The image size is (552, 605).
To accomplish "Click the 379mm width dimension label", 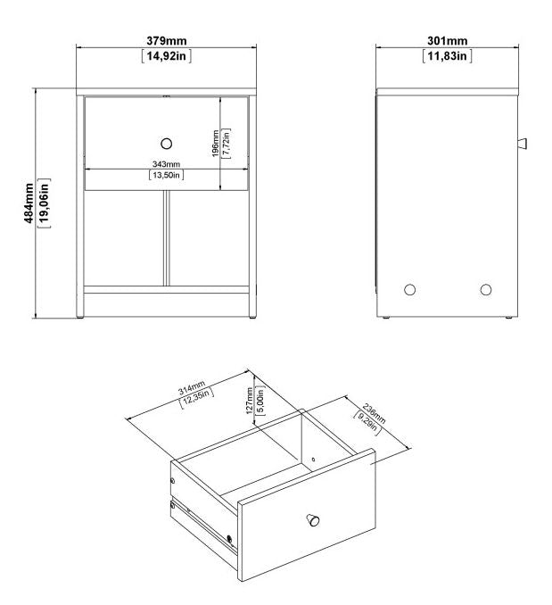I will coord(166,41).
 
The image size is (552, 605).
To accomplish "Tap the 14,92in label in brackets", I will coord(166,55).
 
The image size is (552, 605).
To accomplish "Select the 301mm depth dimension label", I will coord(445,41).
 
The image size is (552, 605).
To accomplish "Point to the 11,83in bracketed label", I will coord(446,55).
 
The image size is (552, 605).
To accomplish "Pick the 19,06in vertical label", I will coord(45,203).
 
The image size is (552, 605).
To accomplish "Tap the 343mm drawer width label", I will coord(166,164).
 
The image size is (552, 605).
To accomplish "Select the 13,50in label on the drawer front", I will coord(166,176).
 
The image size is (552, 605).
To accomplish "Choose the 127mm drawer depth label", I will coord(251,398).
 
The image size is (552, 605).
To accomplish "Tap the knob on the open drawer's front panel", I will coord(313,520).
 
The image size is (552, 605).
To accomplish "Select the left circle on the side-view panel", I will coord(410,289).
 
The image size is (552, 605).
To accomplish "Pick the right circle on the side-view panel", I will coord(485,289).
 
